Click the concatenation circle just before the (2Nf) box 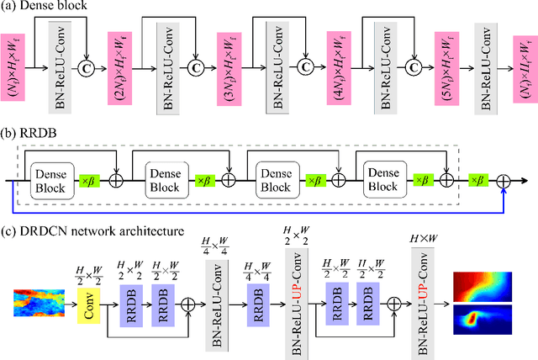86,66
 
